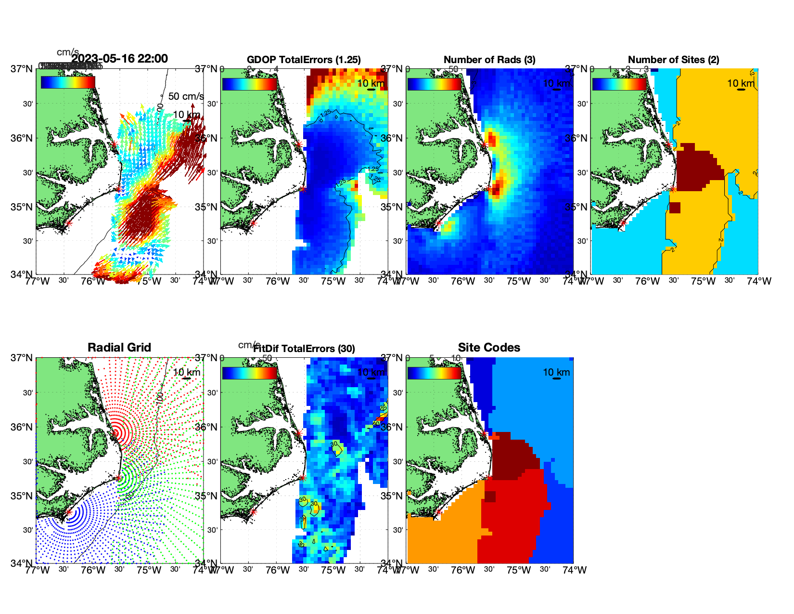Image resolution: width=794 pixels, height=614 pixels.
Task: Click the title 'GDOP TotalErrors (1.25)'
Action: pyautogui.click(x=304, y=60)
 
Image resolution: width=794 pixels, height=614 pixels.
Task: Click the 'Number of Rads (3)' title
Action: pyautogui.click(x=489, y=60)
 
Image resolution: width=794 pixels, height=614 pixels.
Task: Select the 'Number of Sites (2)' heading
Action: pyautogui.click(x=673, y=60)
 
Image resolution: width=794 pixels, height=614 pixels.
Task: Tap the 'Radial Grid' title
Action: pyautogui.click(x=119, y=348)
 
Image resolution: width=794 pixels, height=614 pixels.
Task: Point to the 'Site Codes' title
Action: pyautogui.click(x=489, y=348)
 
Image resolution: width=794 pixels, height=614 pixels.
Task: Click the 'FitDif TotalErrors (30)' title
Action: pyautogui.click(x=304, y=349)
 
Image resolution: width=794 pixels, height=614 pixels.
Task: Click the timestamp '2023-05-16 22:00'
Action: pyautogui.click(x=120, y=59)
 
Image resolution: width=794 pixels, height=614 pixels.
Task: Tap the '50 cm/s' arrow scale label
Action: pyautogui.click(x=186, y=97)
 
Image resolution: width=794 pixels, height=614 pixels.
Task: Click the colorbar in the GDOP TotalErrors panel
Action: pyautogui.click(x=249, y=84)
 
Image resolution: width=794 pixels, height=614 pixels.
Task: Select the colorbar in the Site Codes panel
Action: pyautogui.click(x=434, y=373)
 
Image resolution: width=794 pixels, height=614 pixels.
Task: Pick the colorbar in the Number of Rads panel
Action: pyautogui.click(x=434, y=84)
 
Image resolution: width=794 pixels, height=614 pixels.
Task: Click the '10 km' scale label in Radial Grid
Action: pyautogui.click(x=186, y=372)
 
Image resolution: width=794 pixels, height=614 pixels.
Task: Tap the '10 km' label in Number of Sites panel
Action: pyautogui.click(x=741, y=83)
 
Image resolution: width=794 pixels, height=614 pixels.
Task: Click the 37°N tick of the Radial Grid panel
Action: pyautogui.click(x=22, y=358)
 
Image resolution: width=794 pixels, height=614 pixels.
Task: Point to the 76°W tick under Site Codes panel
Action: pyautogui.click(x=463, y=570)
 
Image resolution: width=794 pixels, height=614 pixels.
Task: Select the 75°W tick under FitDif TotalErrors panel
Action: pyautogui.click(x=333, y=570)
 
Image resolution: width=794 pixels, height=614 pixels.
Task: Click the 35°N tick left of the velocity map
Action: pyautogui.click(x=22, y=207)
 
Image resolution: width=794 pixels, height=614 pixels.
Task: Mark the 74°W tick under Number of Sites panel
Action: pyautogui.click(x=759, y=281)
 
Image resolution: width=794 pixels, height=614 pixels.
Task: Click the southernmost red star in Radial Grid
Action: pyautogui.click(x=69, y=512)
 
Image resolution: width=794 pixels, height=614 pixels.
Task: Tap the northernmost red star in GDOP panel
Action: pyautogui.click(x=299, y=144)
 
